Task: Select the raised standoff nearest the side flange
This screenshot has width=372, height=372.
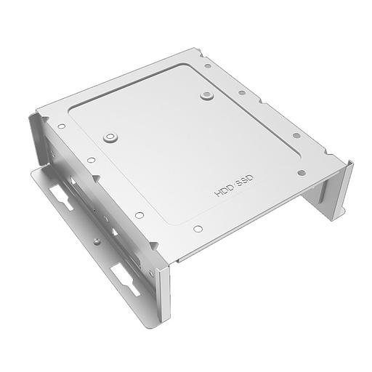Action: (110, 136)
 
